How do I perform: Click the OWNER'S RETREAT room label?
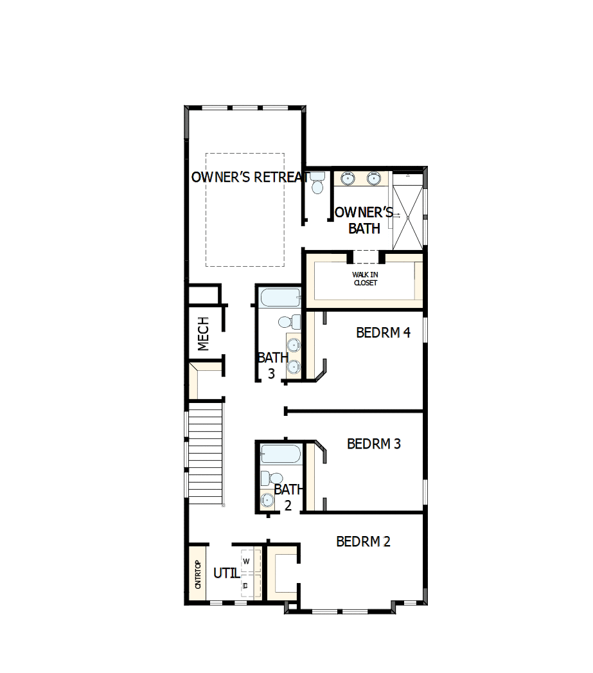coord(250,177)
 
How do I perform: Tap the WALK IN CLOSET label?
coord(365,278)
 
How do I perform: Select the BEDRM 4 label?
coord(383,332)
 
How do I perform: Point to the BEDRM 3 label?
coord(374,444)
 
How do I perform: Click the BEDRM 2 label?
coord(363,542)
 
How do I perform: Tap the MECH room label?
coord(204,334)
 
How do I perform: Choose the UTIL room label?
coord(227,573)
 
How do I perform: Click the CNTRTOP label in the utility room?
coord(198,574)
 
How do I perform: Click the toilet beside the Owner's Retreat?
coord(317,183)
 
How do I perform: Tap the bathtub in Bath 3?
coord(280,298)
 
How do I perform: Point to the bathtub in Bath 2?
coord(281,454)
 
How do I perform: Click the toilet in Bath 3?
coord(290,321)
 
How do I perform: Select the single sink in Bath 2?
coord(267,500)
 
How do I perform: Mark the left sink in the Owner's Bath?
coord(347,178)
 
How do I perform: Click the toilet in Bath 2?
coord(272,478)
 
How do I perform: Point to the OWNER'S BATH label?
coord(364,220)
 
